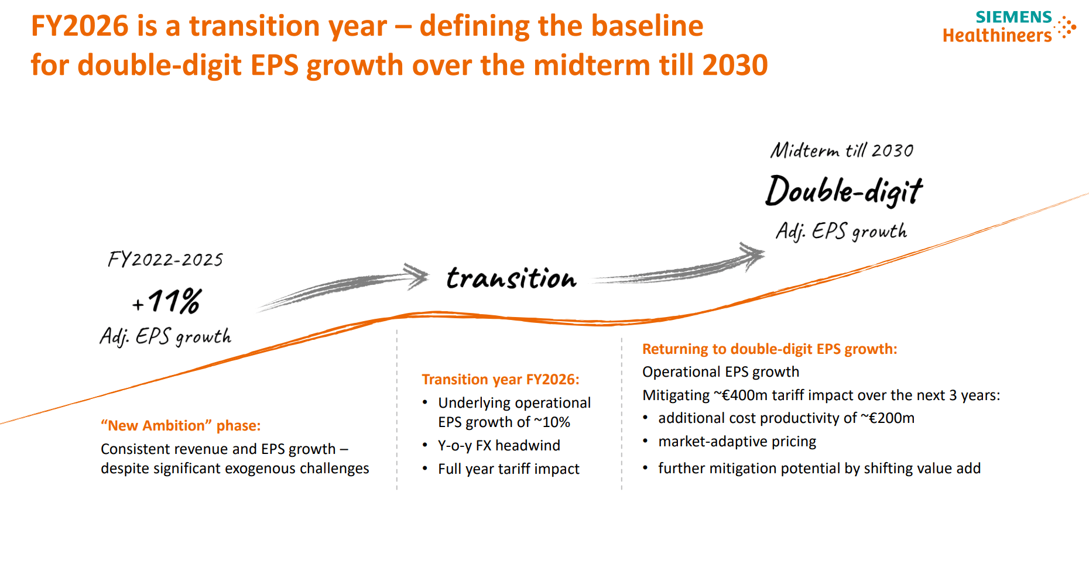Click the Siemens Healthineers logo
(1008, 27)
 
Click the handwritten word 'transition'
(511, 278)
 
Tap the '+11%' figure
(167, 301)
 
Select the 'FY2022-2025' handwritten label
(165, 259)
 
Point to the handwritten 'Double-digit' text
(843, 191)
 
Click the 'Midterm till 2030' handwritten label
(841, 150)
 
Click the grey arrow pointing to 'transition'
(345, 287)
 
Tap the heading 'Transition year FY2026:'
(501, 380)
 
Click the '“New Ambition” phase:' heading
(180, 425)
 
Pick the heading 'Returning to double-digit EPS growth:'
(769, 349)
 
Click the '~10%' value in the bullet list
(552, 422)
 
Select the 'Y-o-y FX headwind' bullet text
(499, 446)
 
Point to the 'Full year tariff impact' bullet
(508, 469)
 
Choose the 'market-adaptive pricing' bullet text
(737, 442)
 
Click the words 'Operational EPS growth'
(720, 372)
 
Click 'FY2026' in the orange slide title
(80, 26)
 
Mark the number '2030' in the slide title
(735, 65)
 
